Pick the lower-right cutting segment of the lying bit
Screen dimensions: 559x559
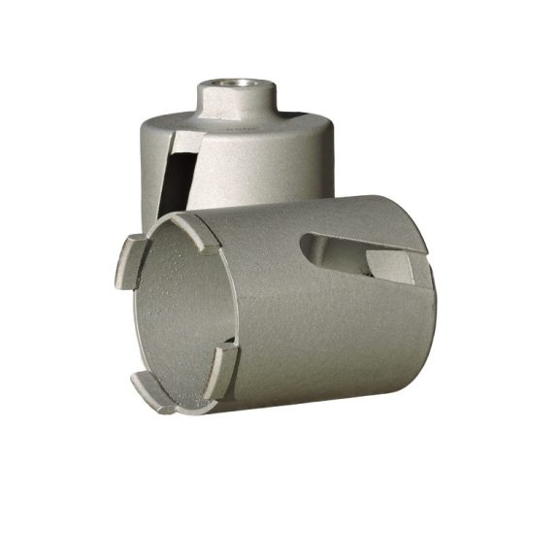point(226,364)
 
